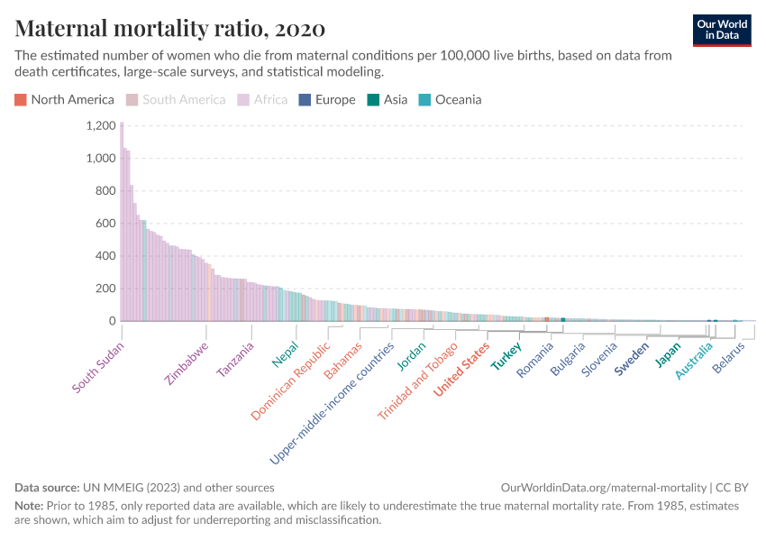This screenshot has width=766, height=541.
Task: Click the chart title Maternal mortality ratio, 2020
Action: (x=170, y=28)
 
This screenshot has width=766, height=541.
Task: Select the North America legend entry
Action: (x=65, y=100)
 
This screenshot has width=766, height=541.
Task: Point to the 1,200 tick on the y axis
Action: (x=100, y=125)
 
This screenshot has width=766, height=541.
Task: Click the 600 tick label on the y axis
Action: (x=105, y=224)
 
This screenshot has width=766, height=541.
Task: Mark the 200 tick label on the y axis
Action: (x=105, y=289)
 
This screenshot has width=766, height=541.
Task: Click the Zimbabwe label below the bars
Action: (x=187, y=362)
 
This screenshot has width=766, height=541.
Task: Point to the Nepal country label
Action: (x=285, y=354)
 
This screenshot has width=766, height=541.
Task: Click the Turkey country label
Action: (x=506, y=358)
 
